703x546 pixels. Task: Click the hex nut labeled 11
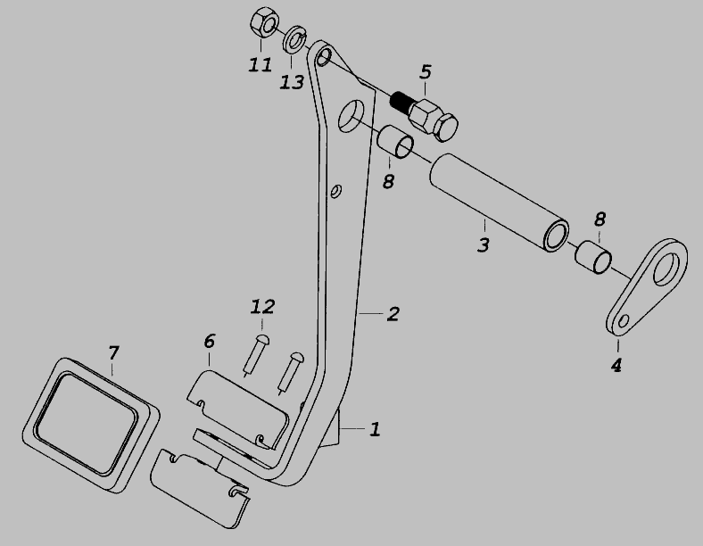[264, 23]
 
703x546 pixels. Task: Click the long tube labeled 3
[500, 203]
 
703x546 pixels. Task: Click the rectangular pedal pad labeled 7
[91, 425]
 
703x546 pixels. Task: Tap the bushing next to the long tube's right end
[592, 257]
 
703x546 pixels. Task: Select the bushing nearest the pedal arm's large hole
[395, 141]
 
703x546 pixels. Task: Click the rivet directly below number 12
[255, 354]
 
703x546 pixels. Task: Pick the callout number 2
[393, 314]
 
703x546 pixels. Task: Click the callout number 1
[375, 429]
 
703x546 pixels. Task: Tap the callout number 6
[210, 341]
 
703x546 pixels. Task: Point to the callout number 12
[262, 307]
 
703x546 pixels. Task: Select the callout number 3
[483, 244]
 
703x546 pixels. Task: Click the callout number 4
[616, 366]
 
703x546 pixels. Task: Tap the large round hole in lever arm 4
[666, 269]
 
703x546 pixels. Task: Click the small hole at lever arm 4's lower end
[624, 321]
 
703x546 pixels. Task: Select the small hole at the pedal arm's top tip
[323, 57]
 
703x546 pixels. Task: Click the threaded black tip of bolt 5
[400, 103]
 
